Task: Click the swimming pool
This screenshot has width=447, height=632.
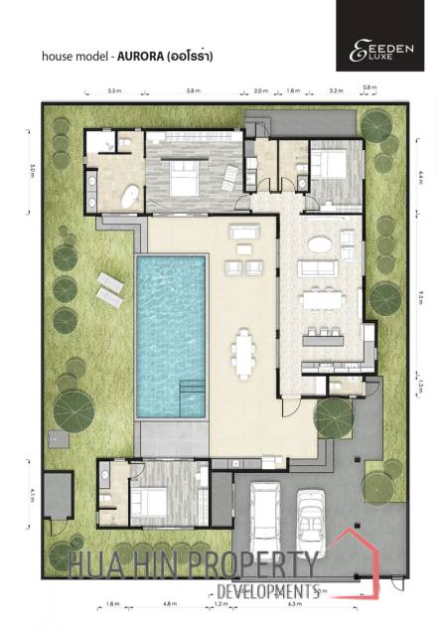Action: pyautogui.click(x=170, y=333)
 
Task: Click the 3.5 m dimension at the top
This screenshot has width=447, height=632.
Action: pyautogui.click(x=114, y=90)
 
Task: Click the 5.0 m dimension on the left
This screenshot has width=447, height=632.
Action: pyautogui.click(x=32, y=170)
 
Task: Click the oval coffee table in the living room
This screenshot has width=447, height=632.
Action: pyautogui.click(x=321, y=243)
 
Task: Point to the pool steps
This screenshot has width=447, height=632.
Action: pyautogui.click(x=187, y=398)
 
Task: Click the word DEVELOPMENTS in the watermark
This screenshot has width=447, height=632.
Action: pyautogui.click(x=266, y=592)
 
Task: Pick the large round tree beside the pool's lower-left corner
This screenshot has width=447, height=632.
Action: pyautogui.click(x=73, y=406)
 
